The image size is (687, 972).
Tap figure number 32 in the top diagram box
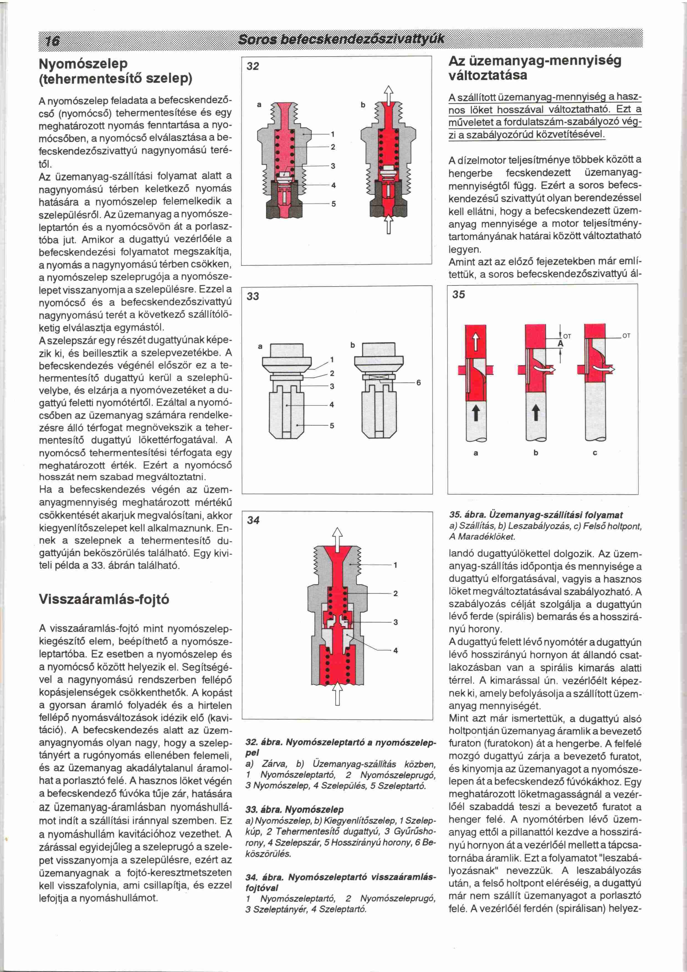point(253,67)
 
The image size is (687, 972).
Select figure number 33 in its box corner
point(253,296)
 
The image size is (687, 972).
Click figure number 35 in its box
point(458,294)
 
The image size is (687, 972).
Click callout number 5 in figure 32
point(333,204)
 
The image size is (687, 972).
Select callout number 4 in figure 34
point(396,651)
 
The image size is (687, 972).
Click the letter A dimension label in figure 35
point(560,344)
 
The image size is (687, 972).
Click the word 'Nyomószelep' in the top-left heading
point(83,64)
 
